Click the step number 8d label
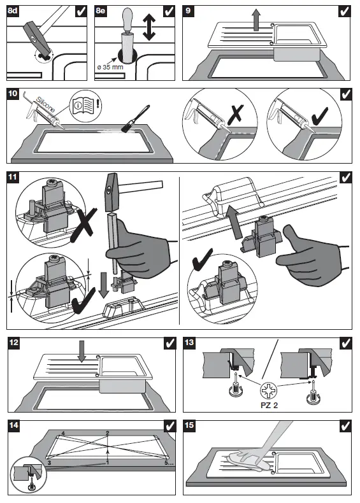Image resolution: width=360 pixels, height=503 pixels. [13, 11]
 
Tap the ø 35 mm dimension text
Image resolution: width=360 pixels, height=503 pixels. [110, 67]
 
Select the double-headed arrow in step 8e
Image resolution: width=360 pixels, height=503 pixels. [148, 27]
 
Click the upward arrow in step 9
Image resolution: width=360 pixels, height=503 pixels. [256, 20]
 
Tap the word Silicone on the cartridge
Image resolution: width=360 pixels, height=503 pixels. [46, 104]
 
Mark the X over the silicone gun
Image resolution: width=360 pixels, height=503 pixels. [235, 113]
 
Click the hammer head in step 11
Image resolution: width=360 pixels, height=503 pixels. [112, 192]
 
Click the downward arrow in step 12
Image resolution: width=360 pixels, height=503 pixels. [82, 351]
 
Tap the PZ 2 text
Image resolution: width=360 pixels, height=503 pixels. [269, 405]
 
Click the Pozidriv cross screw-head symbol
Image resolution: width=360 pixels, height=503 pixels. [268, 390]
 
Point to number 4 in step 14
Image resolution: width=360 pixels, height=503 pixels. [63, 434]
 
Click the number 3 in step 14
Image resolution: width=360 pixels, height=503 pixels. [49, 463]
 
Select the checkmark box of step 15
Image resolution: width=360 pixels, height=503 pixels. [345, 426]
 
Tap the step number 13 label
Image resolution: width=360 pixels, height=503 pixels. [189, 343]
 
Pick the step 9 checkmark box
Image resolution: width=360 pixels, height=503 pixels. [344, 11]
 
